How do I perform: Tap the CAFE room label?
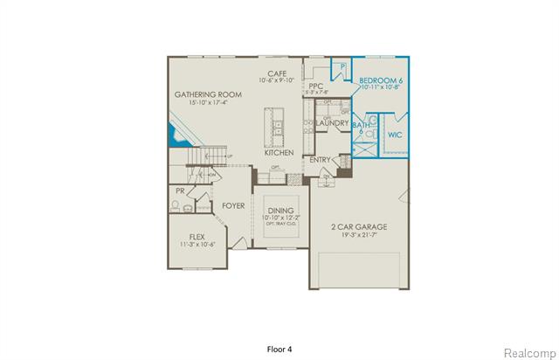tap(278, 73)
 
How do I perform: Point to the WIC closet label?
tap(395, 135)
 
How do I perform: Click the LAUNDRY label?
tap(332, 123)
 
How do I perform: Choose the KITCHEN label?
tap(279, 153)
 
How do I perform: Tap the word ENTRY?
tap(320, 160)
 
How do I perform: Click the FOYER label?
tap(232, 206)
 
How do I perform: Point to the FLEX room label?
tap(197, 237)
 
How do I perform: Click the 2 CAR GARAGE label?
tap(360, 227)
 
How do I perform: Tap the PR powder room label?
tap(179, 190)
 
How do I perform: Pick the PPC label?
tap(315, 87)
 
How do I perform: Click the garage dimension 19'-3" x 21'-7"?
tap(360, 235)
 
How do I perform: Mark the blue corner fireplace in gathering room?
tap(175, 135)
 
